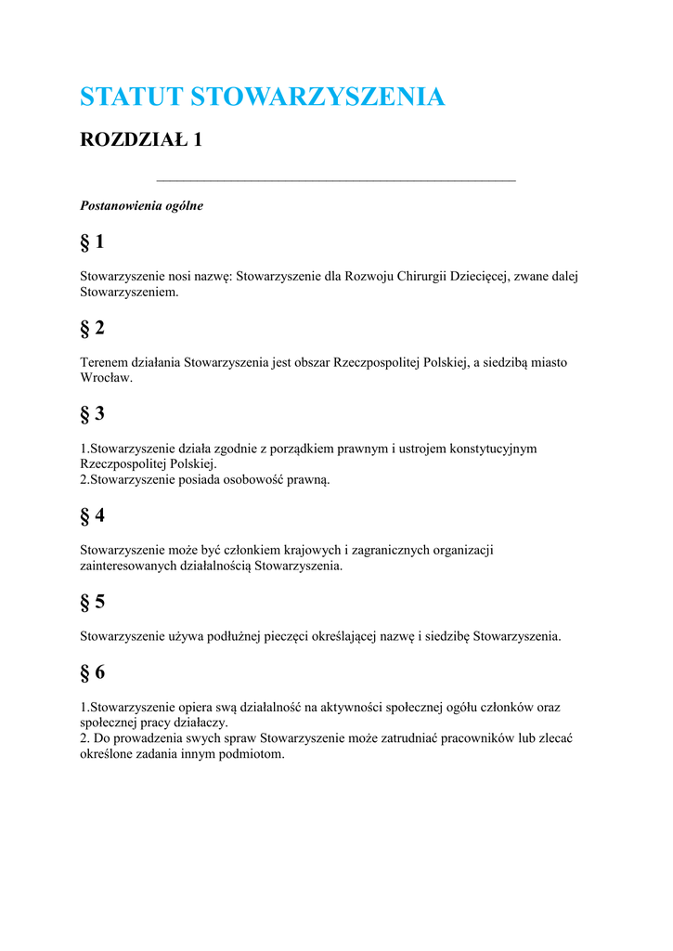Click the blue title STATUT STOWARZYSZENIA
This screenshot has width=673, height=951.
click(x=262, y=97)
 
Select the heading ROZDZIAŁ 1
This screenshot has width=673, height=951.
click(x=141, y=140)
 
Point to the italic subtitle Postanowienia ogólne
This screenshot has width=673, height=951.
click(x=141, y=206)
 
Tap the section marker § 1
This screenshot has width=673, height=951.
click(x=92, y=242)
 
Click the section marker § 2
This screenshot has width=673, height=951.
click(x=92, y=328)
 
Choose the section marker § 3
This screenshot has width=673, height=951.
click(x=92, y=414)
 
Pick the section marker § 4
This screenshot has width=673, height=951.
click(x=92, y=515)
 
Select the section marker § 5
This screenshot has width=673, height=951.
click(x=92, y=602)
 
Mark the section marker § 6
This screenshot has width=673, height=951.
click(x=92, y=672)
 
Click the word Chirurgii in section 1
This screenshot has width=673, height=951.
click(x=421, y=277)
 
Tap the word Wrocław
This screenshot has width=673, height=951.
click(x=107, y=378)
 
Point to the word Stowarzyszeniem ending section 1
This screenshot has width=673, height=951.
click(x=128, y=292)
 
